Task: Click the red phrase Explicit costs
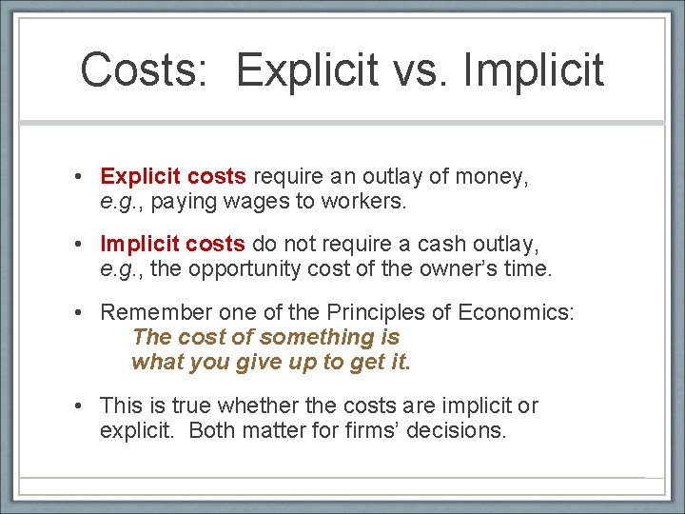pyautogui.click(x=173, y=176)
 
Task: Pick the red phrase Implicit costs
pyautogui.click(x=172, y=244)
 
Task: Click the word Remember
pyautogui.click(x=154, y=311)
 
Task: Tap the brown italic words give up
pyautogui.click(x=274, y=363)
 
